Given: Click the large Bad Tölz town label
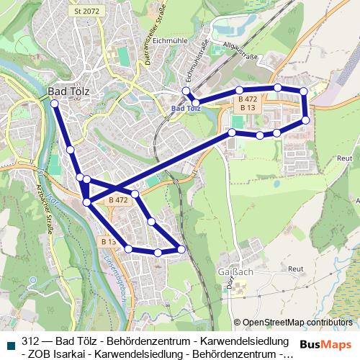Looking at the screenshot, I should (66, 91).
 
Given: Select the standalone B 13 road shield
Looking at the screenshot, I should (108, 242).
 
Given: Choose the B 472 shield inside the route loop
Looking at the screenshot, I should (118, 199).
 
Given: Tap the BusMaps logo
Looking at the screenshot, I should (325, 344).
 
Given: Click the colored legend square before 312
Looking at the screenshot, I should (11, 345).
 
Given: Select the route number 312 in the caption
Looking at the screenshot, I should (30, 341).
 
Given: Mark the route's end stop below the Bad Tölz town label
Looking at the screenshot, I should (55, 104).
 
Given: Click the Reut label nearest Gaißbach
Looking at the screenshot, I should (295, 268).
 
